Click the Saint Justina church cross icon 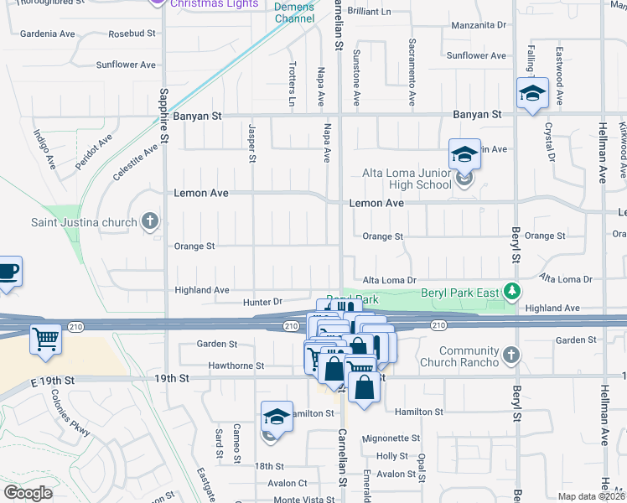coord(150,221)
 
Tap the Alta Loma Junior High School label coord(407,179)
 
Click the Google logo coord(28,493)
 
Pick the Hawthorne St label coord(236,366)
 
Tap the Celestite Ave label coord(135,162)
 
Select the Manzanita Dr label coord(479,25)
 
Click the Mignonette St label coord(391,438)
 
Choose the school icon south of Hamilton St coord(277,417)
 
